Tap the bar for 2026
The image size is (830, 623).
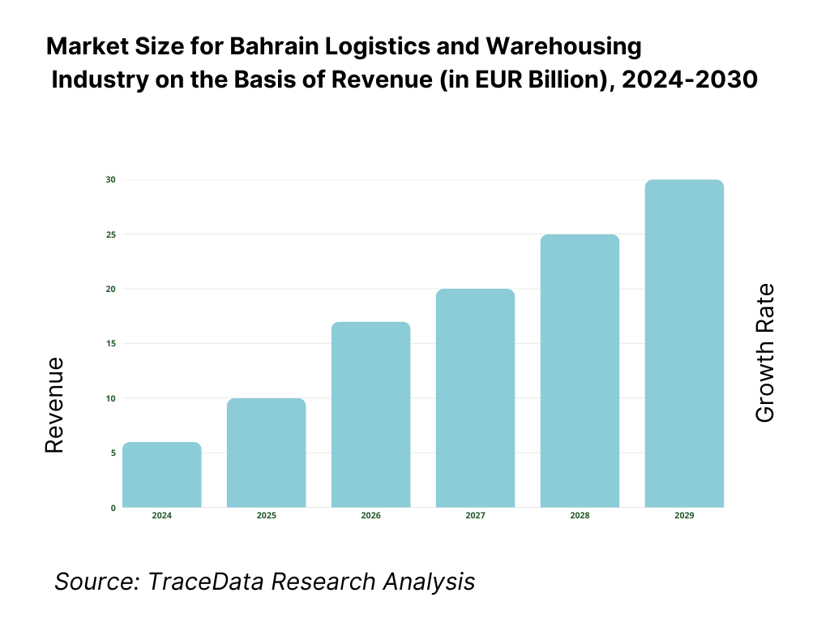(x=370, y=415)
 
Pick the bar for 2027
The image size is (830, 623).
(x=475, y=398)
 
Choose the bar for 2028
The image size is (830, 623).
(x=580, y=371)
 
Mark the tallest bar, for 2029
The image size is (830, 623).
(x=684, y=343)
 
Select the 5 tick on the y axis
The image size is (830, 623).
(x=112, y=453)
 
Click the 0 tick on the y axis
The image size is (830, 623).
(x=112, y=508)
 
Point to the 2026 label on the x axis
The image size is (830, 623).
(x=370, y=516)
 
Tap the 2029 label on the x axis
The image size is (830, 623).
(x=684, y=516)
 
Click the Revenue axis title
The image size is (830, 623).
(x=54, y=405)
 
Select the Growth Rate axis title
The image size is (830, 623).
(x=764, y=353)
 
